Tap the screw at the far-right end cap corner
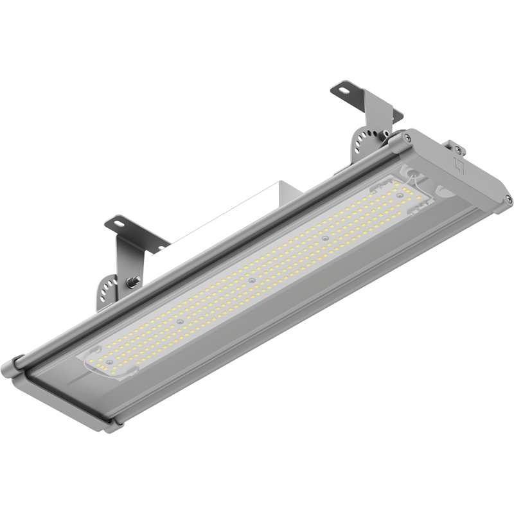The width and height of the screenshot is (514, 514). tap(508, 200)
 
